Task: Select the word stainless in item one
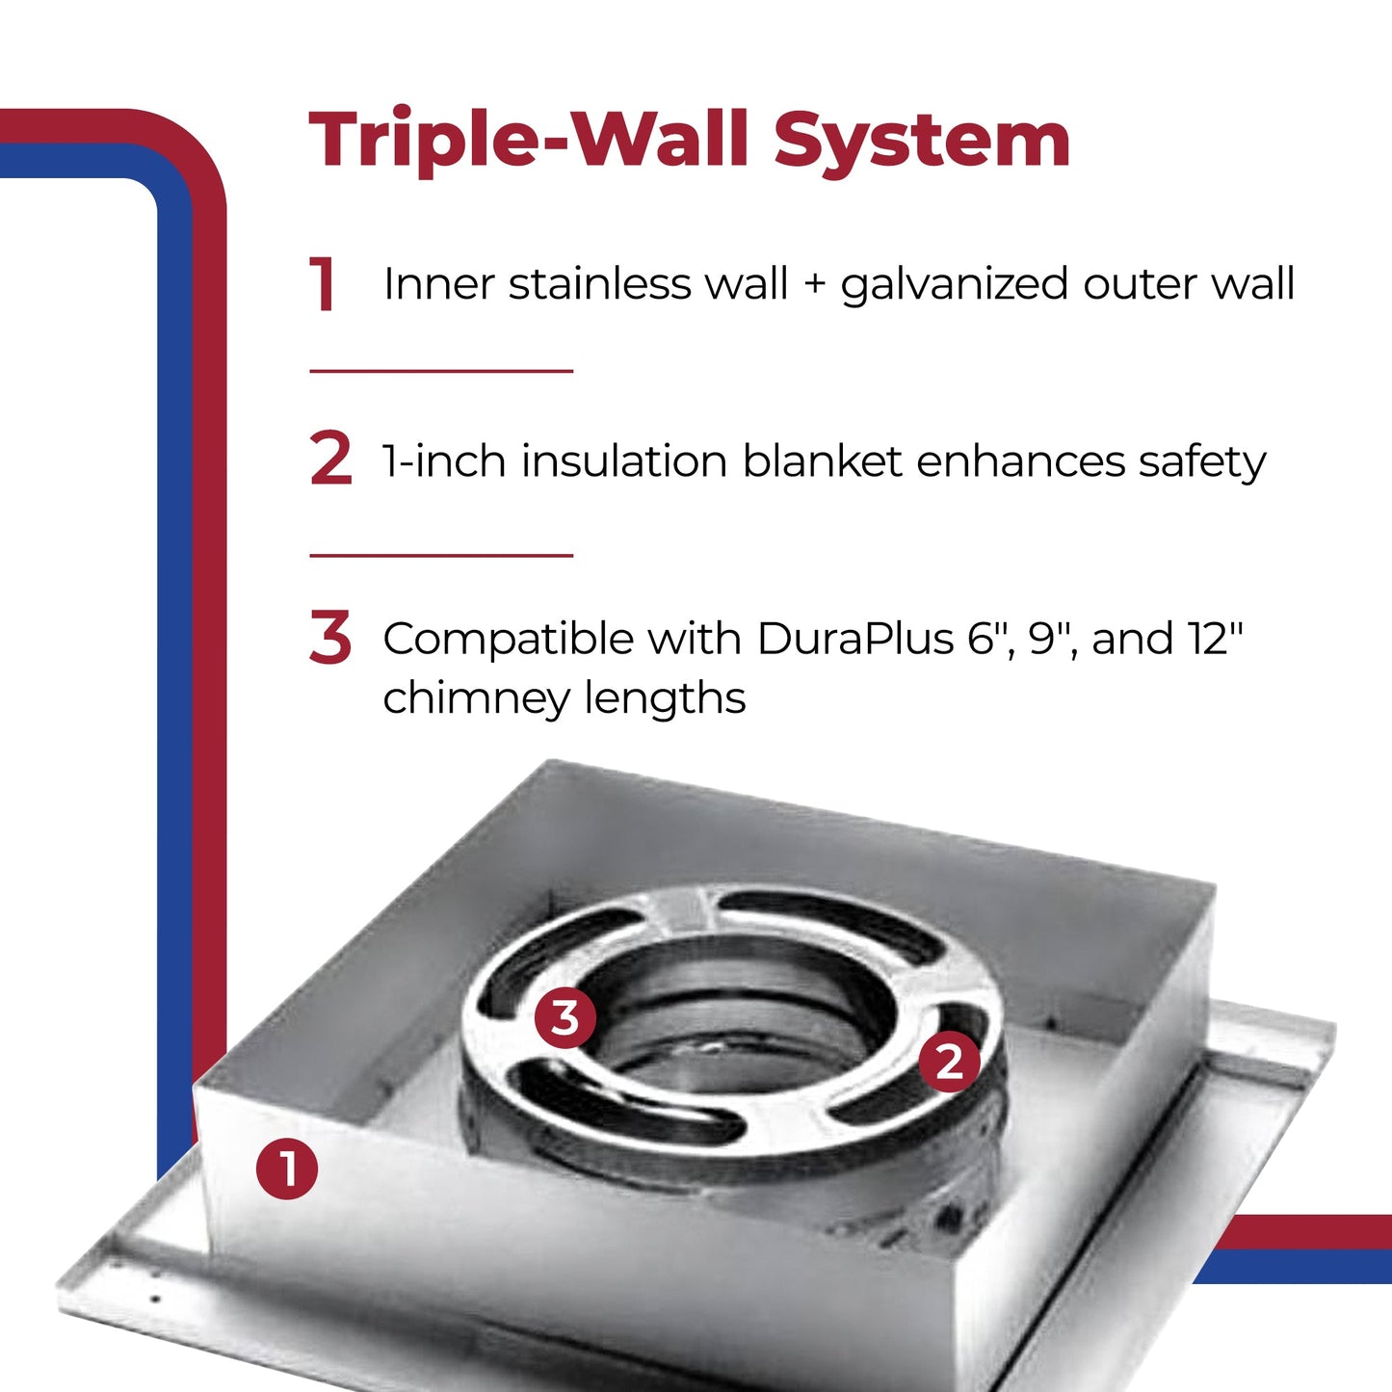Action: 599,284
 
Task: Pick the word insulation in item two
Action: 624,461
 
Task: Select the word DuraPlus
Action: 854,639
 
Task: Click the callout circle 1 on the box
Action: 287,1169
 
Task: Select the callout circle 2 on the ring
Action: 949,1062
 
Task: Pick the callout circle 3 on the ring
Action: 565,1017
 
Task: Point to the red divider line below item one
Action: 441,371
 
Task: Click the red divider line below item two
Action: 441,556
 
